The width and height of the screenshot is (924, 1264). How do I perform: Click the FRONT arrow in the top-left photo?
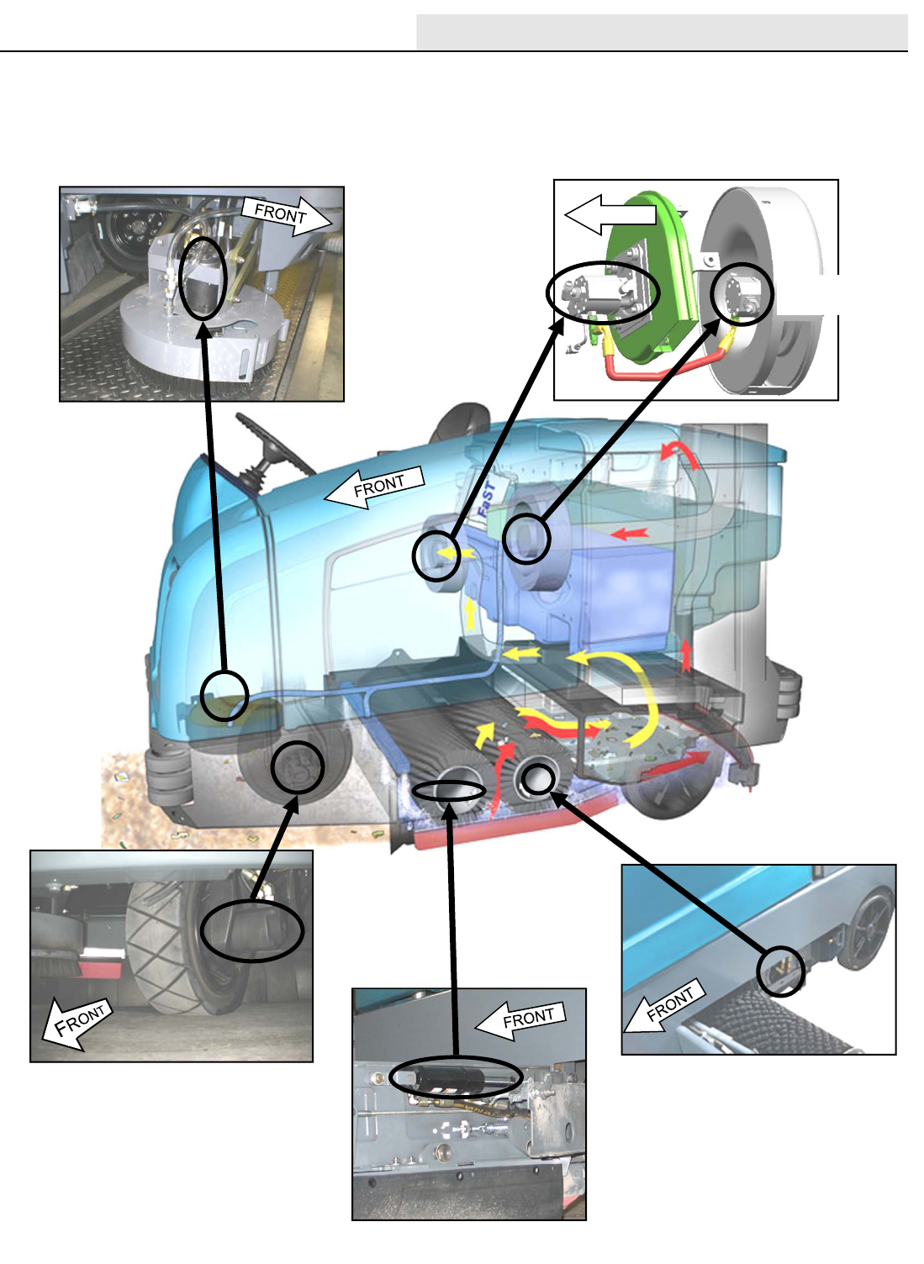(x=287, y=216)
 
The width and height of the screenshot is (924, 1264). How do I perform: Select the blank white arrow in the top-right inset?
(x=609, y=214)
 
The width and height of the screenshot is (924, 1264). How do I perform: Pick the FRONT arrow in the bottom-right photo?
(x=664, y=1007)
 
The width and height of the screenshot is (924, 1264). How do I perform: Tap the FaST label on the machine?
(x=487, y=498)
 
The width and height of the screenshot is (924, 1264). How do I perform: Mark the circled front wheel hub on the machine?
(x=298, y=766)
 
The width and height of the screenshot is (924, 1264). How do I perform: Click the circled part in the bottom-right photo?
(x=780, y=971)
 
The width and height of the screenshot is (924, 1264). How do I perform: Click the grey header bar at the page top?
(x=661, y=32)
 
